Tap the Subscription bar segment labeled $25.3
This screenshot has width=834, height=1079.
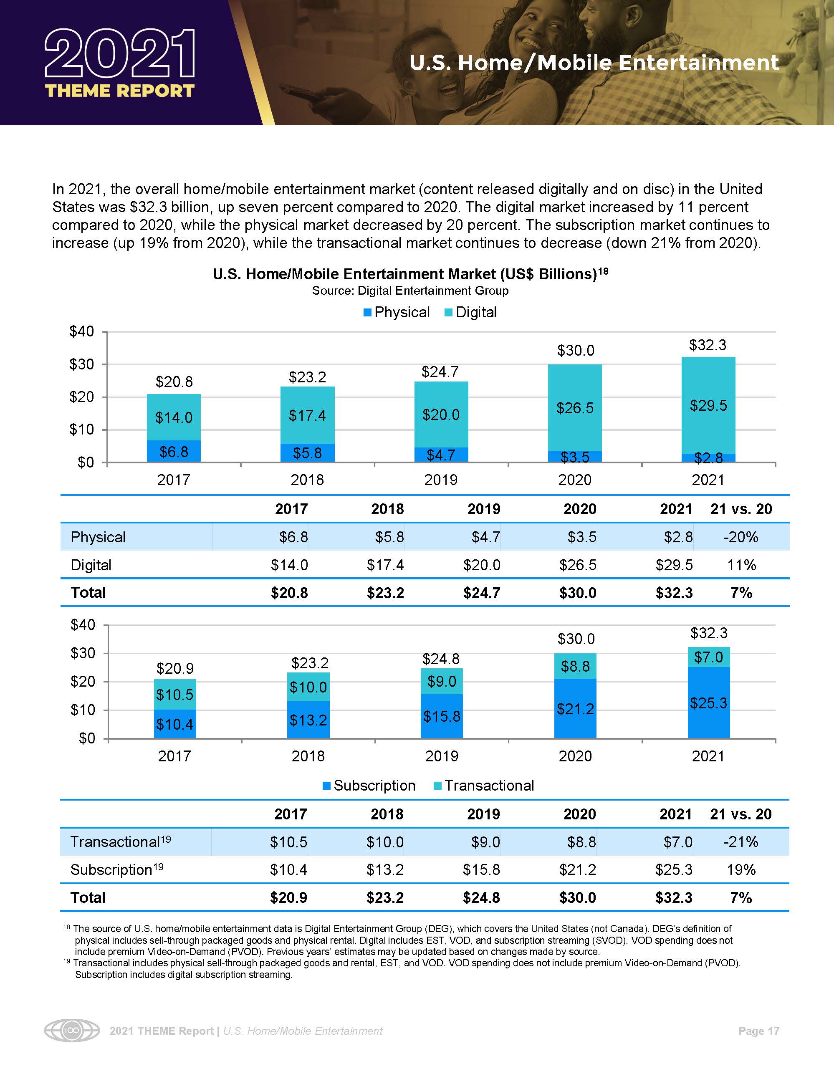click(708, 702)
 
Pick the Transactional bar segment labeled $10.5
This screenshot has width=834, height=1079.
click(174, 694)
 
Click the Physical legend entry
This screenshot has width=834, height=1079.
click(396, 312)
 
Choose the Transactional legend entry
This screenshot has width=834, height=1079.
click(484, 786)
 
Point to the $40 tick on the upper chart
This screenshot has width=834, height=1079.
click(82, 331)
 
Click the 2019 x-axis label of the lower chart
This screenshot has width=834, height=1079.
click(441, 756)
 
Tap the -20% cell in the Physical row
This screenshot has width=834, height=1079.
click(740, 537)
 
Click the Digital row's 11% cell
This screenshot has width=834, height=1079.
click(741, 565)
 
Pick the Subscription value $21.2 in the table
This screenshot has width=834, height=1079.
click(578, 869)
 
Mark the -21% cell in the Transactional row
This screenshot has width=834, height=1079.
click(740, 841)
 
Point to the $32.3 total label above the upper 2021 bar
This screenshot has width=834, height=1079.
click(708, 345)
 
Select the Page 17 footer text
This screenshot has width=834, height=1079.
click(758, 1031)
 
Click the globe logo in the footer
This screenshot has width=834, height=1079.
click(72, 1031)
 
